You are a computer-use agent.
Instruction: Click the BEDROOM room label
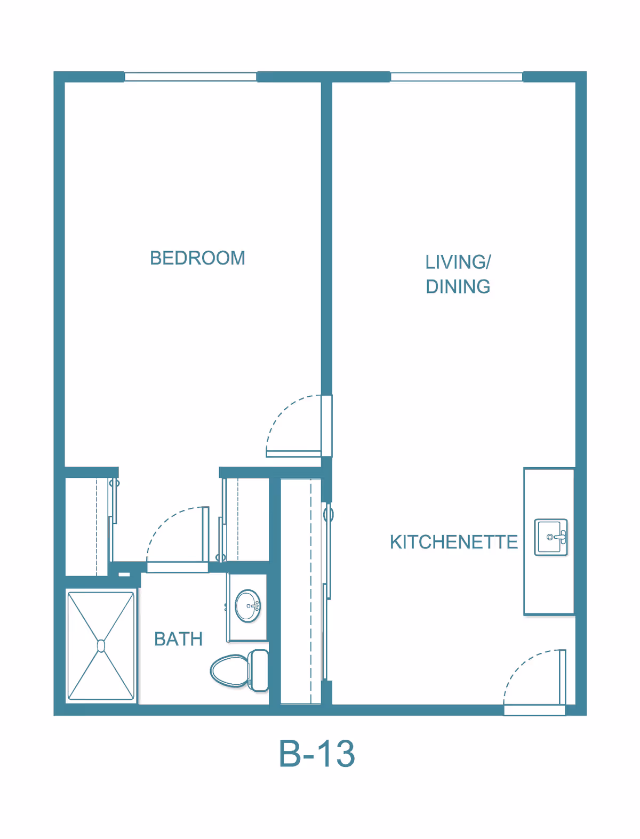pyautogui.click(x=197, y=258)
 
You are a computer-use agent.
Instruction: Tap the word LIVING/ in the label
pyautogui.click(x=458, y=262)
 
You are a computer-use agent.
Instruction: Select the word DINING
pyautogui.click(x=458, y=286)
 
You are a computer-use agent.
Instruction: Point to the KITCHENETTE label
pyautogui.click(x=453, y=542)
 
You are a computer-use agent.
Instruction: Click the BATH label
pyautogui.click(x=178, y=639)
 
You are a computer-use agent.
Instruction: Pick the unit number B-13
pyautogui.click(x=317, y=753)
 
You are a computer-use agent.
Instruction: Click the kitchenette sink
pyautogui.click(x=550, y=537)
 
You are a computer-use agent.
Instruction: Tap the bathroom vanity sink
pyautogui.click(x=247, y=606)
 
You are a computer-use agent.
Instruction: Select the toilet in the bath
pyautogui.click(x=239, y=671)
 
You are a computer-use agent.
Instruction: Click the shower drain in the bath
pyautogui.click(x=101, y=646)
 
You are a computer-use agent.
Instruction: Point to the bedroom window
pyautogui.click(x=190, y=76)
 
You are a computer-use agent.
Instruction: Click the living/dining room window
pyautogui.click(x=457, y=76)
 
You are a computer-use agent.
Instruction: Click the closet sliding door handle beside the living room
pyautogui.click(x=328, y=515)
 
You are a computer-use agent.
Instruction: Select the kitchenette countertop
pyautogui.click(x=549, y=541)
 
